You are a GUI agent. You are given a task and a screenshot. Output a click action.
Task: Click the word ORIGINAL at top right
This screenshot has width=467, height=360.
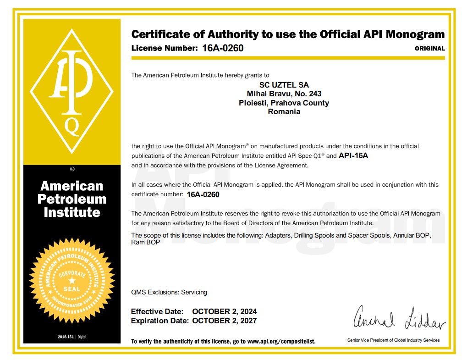(429, 48)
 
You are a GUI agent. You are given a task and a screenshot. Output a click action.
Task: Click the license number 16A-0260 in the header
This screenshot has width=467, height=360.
(223, 48)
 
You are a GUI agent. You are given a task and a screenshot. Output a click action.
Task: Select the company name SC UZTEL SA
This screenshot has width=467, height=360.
(284, 85)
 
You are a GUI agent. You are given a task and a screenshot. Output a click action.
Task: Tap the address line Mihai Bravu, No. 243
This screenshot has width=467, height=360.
(284, 94)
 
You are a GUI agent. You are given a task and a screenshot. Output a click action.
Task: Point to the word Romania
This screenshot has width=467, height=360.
(284, 111)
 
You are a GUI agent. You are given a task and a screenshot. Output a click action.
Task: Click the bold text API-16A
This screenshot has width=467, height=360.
(353, 155)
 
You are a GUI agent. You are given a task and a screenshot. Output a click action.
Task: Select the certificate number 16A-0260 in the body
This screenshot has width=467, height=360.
(203, 194)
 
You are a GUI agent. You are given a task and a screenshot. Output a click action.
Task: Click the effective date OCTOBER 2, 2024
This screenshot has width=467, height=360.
(225, 312)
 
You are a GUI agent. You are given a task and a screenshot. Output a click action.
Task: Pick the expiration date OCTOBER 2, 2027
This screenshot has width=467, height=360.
(225, 321)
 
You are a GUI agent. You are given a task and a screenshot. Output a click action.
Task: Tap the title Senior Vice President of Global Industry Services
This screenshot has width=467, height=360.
(393, 340)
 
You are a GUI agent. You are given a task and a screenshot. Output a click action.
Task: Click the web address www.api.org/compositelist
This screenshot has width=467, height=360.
(281, 342)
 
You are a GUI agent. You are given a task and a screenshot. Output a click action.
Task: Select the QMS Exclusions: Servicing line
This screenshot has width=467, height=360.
(169, 292)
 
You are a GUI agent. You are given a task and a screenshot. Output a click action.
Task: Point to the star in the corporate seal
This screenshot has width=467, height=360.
(71, 280)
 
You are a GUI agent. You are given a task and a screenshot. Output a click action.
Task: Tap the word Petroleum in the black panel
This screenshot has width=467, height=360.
(71, 199)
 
